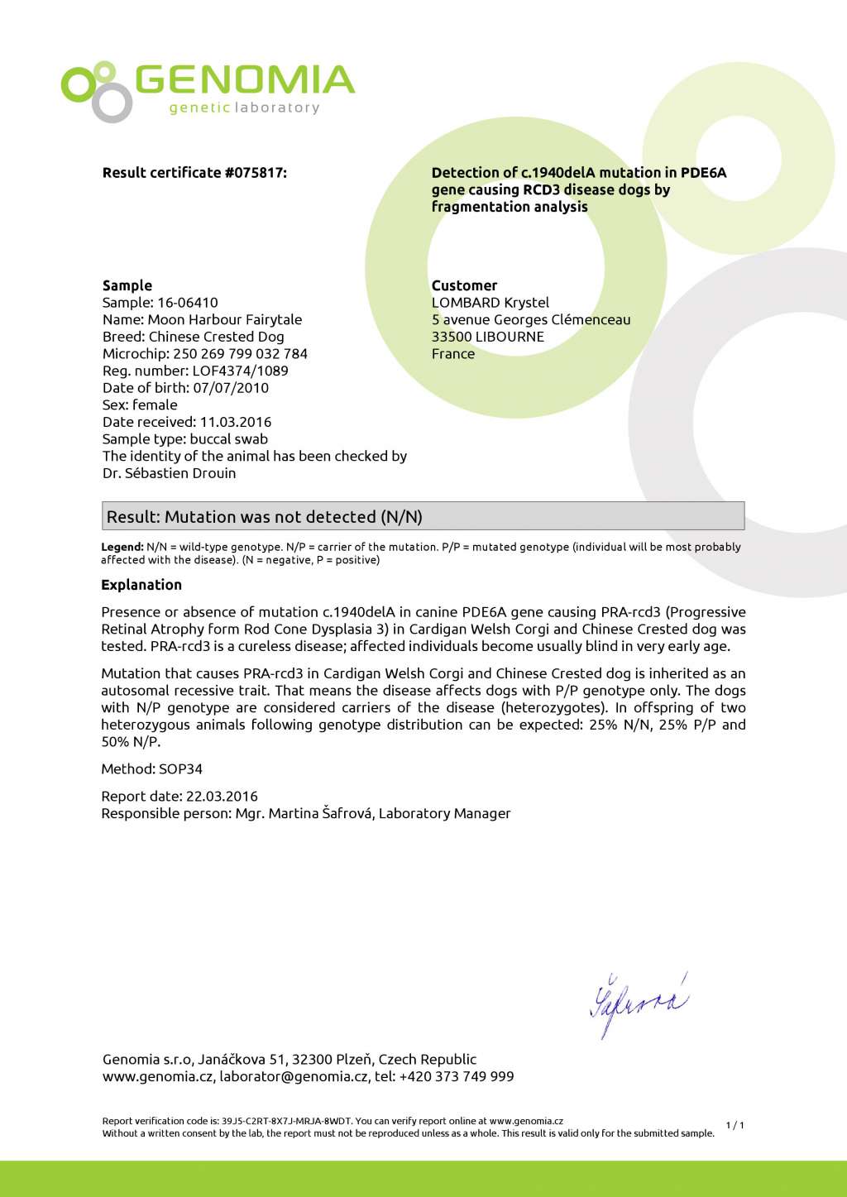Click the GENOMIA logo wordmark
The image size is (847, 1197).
[x=244, y=80]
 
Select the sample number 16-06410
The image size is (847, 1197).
[x=188, y=303]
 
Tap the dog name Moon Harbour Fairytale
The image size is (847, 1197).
[x=224, y=319]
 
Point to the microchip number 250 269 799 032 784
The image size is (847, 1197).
[x=240, y=354]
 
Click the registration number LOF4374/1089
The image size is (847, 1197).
[x=240, y=371]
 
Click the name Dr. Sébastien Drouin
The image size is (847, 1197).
[x=170, y=473]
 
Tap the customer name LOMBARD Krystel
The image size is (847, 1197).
[x=490, y=303]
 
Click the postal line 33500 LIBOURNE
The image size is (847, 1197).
[x=488, y=337]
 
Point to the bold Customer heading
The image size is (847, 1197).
[x=464, y=285]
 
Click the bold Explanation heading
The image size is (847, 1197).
[x=141, y=585]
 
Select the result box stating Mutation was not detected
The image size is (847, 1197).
[x=423, y=516]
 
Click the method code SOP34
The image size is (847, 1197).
[x=180, y=769]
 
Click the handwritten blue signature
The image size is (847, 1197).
[x=638, y=1003]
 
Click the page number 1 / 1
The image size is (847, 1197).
[x=735, y=1125]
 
